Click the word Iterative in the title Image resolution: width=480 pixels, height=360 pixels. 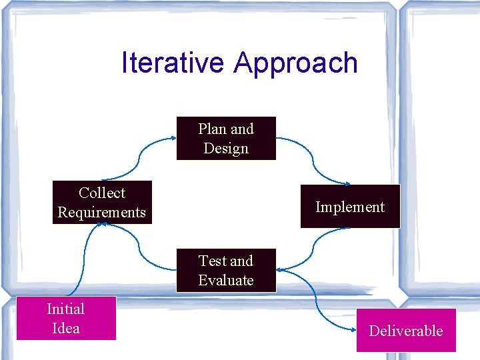point(173,63)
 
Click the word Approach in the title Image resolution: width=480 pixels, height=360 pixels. point(296,64)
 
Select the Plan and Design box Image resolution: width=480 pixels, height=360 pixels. point(226,139)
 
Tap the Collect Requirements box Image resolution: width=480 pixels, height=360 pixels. point(102,203)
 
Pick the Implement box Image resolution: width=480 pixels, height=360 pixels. point(350,207)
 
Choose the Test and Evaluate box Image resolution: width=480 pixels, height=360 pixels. point(226,271)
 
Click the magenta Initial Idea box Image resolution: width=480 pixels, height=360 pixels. point(66,319)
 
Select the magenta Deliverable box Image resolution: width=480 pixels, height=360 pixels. point(406,331)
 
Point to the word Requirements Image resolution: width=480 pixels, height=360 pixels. point(102,213)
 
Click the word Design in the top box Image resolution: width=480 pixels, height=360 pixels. point(226,149)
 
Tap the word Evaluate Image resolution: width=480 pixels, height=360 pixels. point(226,281)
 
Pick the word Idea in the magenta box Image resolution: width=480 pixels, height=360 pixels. point(66,329)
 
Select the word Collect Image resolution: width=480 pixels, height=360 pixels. point(102,193)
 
